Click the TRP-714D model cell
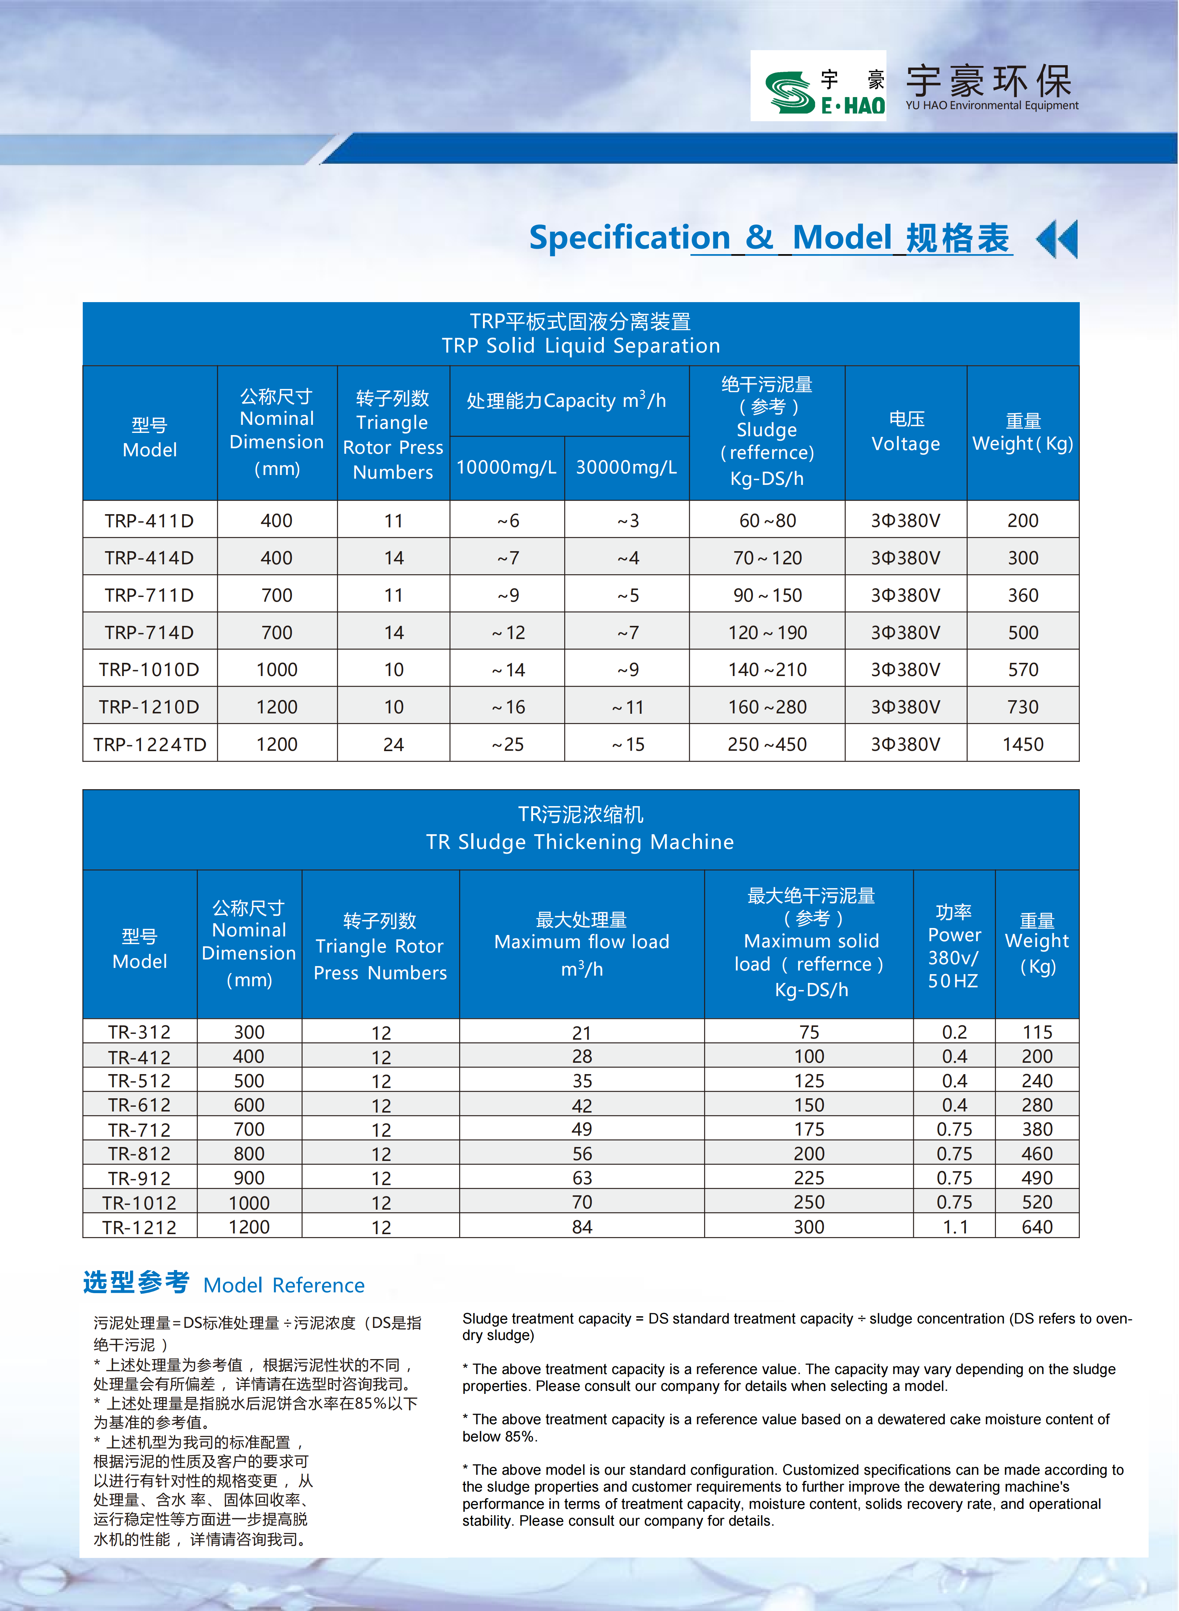[149, 632]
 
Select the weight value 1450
[1023, 745]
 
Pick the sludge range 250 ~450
[767, 745]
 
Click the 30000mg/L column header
[626, 468]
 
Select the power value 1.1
[954, 1227]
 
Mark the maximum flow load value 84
[582, 1227]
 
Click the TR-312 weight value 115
[1037, 1032]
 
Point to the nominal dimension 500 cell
[249, 1081]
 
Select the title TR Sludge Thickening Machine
[580, 842]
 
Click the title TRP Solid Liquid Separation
[580, 345]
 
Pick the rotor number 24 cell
[393, 745]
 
